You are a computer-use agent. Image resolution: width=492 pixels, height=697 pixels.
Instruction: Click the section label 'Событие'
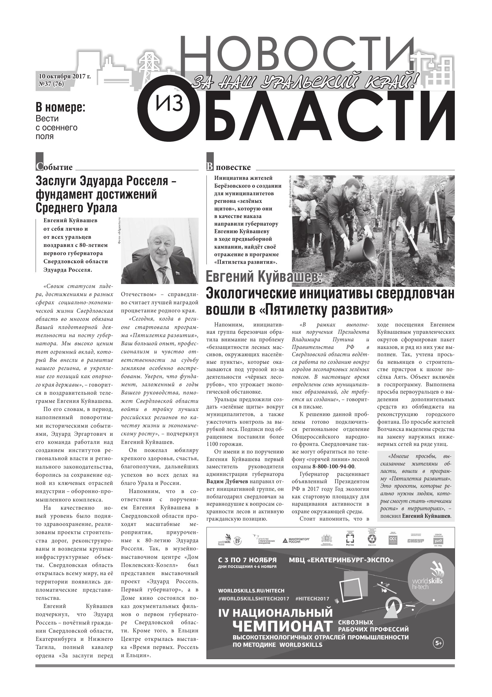click(55, 167)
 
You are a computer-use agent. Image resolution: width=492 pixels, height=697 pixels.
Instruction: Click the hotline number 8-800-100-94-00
click(333, 467)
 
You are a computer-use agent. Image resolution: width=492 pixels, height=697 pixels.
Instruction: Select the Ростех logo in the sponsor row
click(350, 539)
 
